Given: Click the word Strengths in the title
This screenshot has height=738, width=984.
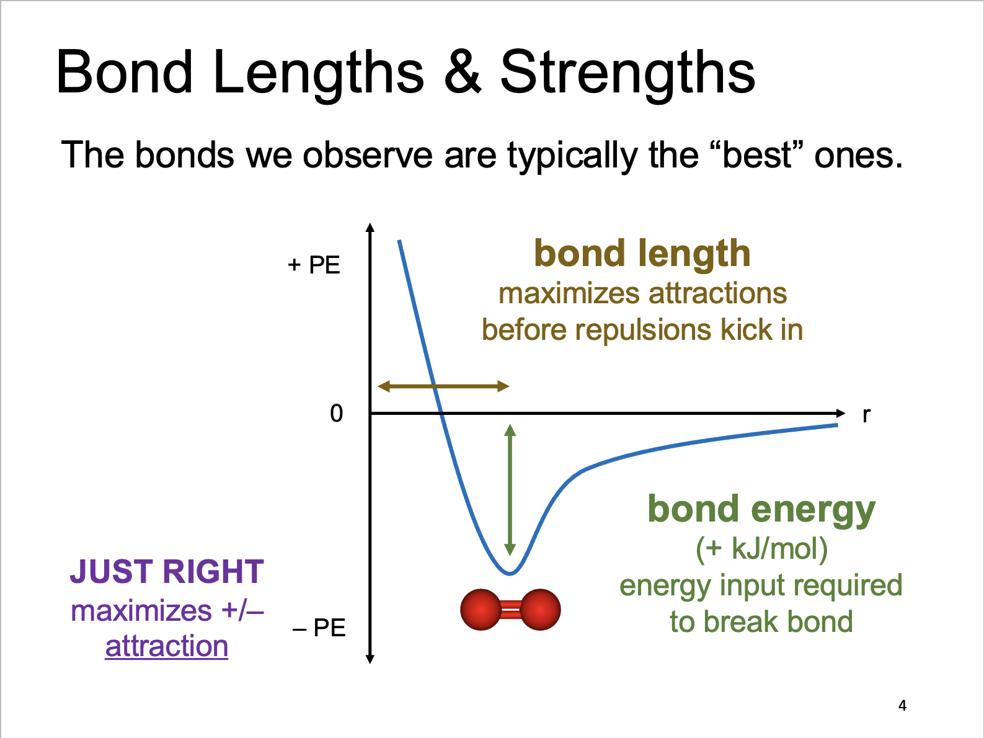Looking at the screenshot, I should (627, 73).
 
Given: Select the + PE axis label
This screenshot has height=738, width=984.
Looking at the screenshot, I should (314, 265).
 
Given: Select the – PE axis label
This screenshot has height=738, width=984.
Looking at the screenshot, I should (319, 628).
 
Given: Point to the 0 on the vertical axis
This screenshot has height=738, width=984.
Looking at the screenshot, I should (336, 413).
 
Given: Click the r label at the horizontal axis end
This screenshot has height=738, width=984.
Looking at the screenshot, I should (866, 414).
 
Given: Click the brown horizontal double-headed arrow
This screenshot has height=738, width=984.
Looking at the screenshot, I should (443, 386).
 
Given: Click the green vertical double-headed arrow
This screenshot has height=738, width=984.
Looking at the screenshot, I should (510, 490).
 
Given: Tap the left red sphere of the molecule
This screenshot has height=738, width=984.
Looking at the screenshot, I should (481, 610).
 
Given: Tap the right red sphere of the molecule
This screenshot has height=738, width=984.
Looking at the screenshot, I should (540, 610).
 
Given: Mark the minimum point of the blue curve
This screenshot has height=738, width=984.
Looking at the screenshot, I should (509, 573).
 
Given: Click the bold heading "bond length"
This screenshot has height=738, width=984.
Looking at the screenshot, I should (642, 254).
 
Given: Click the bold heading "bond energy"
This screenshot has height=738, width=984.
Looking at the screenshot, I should (761, 509).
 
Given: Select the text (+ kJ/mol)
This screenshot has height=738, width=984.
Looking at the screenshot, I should (761, 548).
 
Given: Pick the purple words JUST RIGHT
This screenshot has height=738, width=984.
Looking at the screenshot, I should (167, 571).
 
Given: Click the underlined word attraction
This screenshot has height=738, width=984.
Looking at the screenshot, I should (167, 646).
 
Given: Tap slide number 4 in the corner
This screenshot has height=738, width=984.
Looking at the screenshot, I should (902, 705).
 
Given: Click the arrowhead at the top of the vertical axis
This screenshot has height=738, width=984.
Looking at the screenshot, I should (370, 227).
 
